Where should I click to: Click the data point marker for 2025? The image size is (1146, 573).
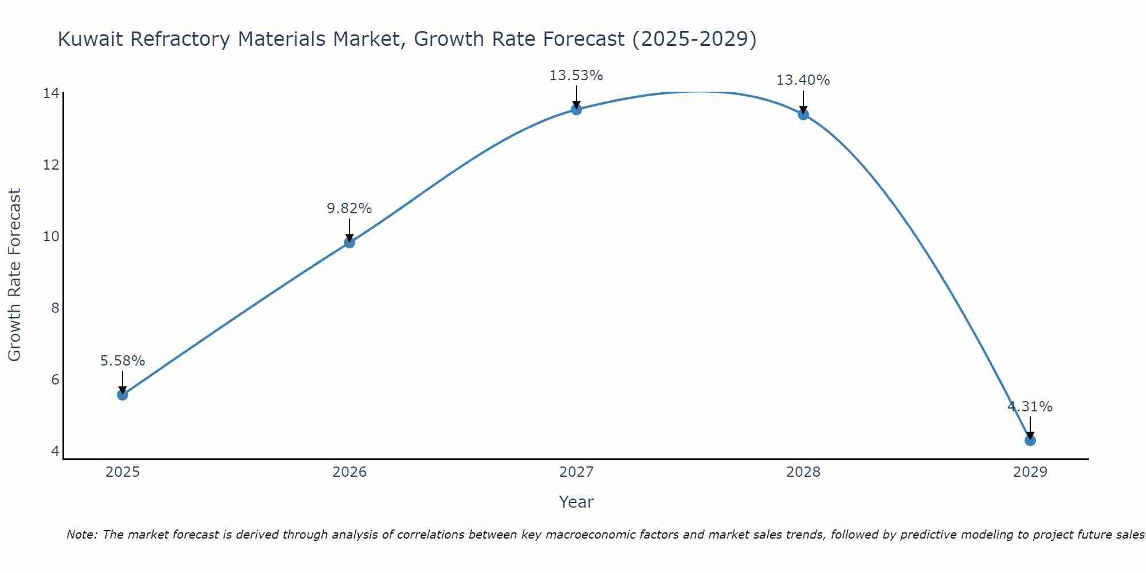coord(123,395)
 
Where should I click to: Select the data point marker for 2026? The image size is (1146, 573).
coord(350,242)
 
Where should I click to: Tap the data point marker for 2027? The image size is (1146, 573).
coord(576,109)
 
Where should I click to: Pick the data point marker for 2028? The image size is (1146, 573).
coord(803,114)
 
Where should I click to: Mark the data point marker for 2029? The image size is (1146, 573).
coord(1030,441)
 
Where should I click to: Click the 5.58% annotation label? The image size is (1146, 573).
coord(123,361)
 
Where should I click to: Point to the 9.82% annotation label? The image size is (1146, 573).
coord(350,209)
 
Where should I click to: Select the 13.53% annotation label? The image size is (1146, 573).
coord(576,76)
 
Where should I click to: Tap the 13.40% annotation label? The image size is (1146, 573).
coord(803,80)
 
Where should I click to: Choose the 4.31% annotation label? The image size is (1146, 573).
coord(1030,407)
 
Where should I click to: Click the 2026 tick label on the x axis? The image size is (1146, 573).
coord(350,472)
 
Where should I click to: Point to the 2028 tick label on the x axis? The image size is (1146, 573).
coord(803,472)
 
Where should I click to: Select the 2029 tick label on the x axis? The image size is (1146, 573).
coord(1030,472)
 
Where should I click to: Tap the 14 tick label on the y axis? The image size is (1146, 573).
coord(51,93)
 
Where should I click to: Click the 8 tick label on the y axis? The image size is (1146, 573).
coord(55,308)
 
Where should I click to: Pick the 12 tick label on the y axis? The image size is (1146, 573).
coord(51,165)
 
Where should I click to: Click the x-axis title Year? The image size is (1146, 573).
coord(576,502)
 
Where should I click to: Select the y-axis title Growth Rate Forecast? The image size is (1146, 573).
coord(15,275)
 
